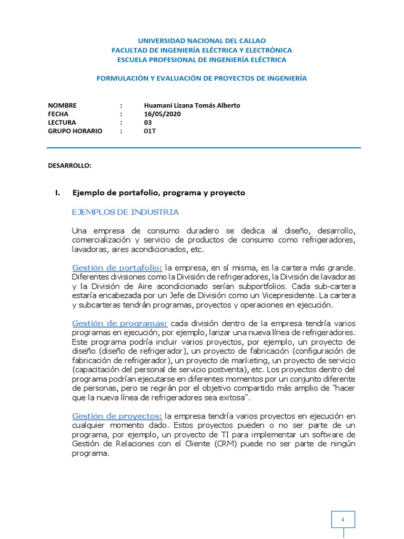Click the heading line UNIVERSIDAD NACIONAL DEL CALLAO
[201, 41]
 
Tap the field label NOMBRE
[62, 105]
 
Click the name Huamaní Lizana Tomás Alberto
[191, 105]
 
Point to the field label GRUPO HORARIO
[75, 131]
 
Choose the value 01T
[150, 131]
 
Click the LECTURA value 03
[148, 122]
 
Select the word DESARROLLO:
[69, 165]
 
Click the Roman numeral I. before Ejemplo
[58, 193]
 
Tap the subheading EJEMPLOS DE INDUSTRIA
[125, 212]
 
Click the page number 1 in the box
[343, 520]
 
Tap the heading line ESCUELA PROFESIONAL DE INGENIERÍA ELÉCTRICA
[201, 59]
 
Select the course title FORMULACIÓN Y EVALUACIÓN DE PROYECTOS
[201, 78]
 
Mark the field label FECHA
[58, 114]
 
